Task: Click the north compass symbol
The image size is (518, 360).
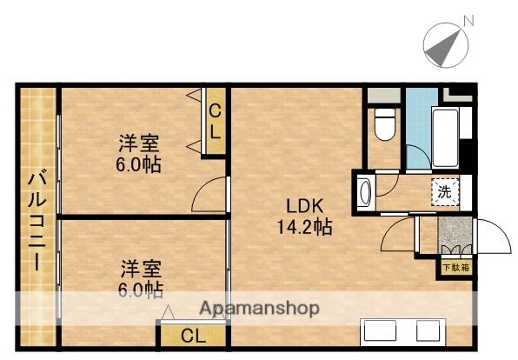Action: tap(446, 45)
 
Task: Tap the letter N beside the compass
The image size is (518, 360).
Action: tap(469, 21)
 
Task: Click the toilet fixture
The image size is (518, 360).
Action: tap(384, 125)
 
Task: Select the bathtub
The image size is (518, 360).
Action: tap(445, 137)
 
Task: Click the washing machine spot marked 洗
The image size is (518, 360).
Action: tap(445, 191)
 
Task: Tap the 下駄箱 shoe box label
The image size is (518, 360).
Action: tap(456, 268)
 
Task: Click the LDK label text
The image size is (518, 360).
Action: tap(304, 206)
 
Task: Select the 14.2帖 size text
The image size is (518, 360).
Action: tap(304, 227)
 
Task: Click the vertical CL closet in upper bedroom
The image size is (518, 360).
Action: tap(215, 121)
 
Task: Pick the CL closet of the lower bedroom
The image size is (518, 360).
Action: tap(193, 336)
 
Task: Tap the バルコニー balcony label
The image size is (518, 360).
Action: tap(37, 220)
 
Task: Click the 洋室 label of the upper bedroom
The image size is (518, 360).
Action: tap(139, 143)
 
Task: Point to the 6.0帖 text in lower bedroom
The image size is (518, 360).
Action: tap(141, 290)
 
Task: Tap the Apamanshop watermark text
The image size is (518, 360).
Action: tap(259, 308)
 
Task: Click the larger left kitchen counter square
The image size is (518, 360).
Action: tap(380, 330)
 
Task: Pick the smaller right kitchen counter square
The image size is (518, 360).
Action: tap(428, 330)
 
